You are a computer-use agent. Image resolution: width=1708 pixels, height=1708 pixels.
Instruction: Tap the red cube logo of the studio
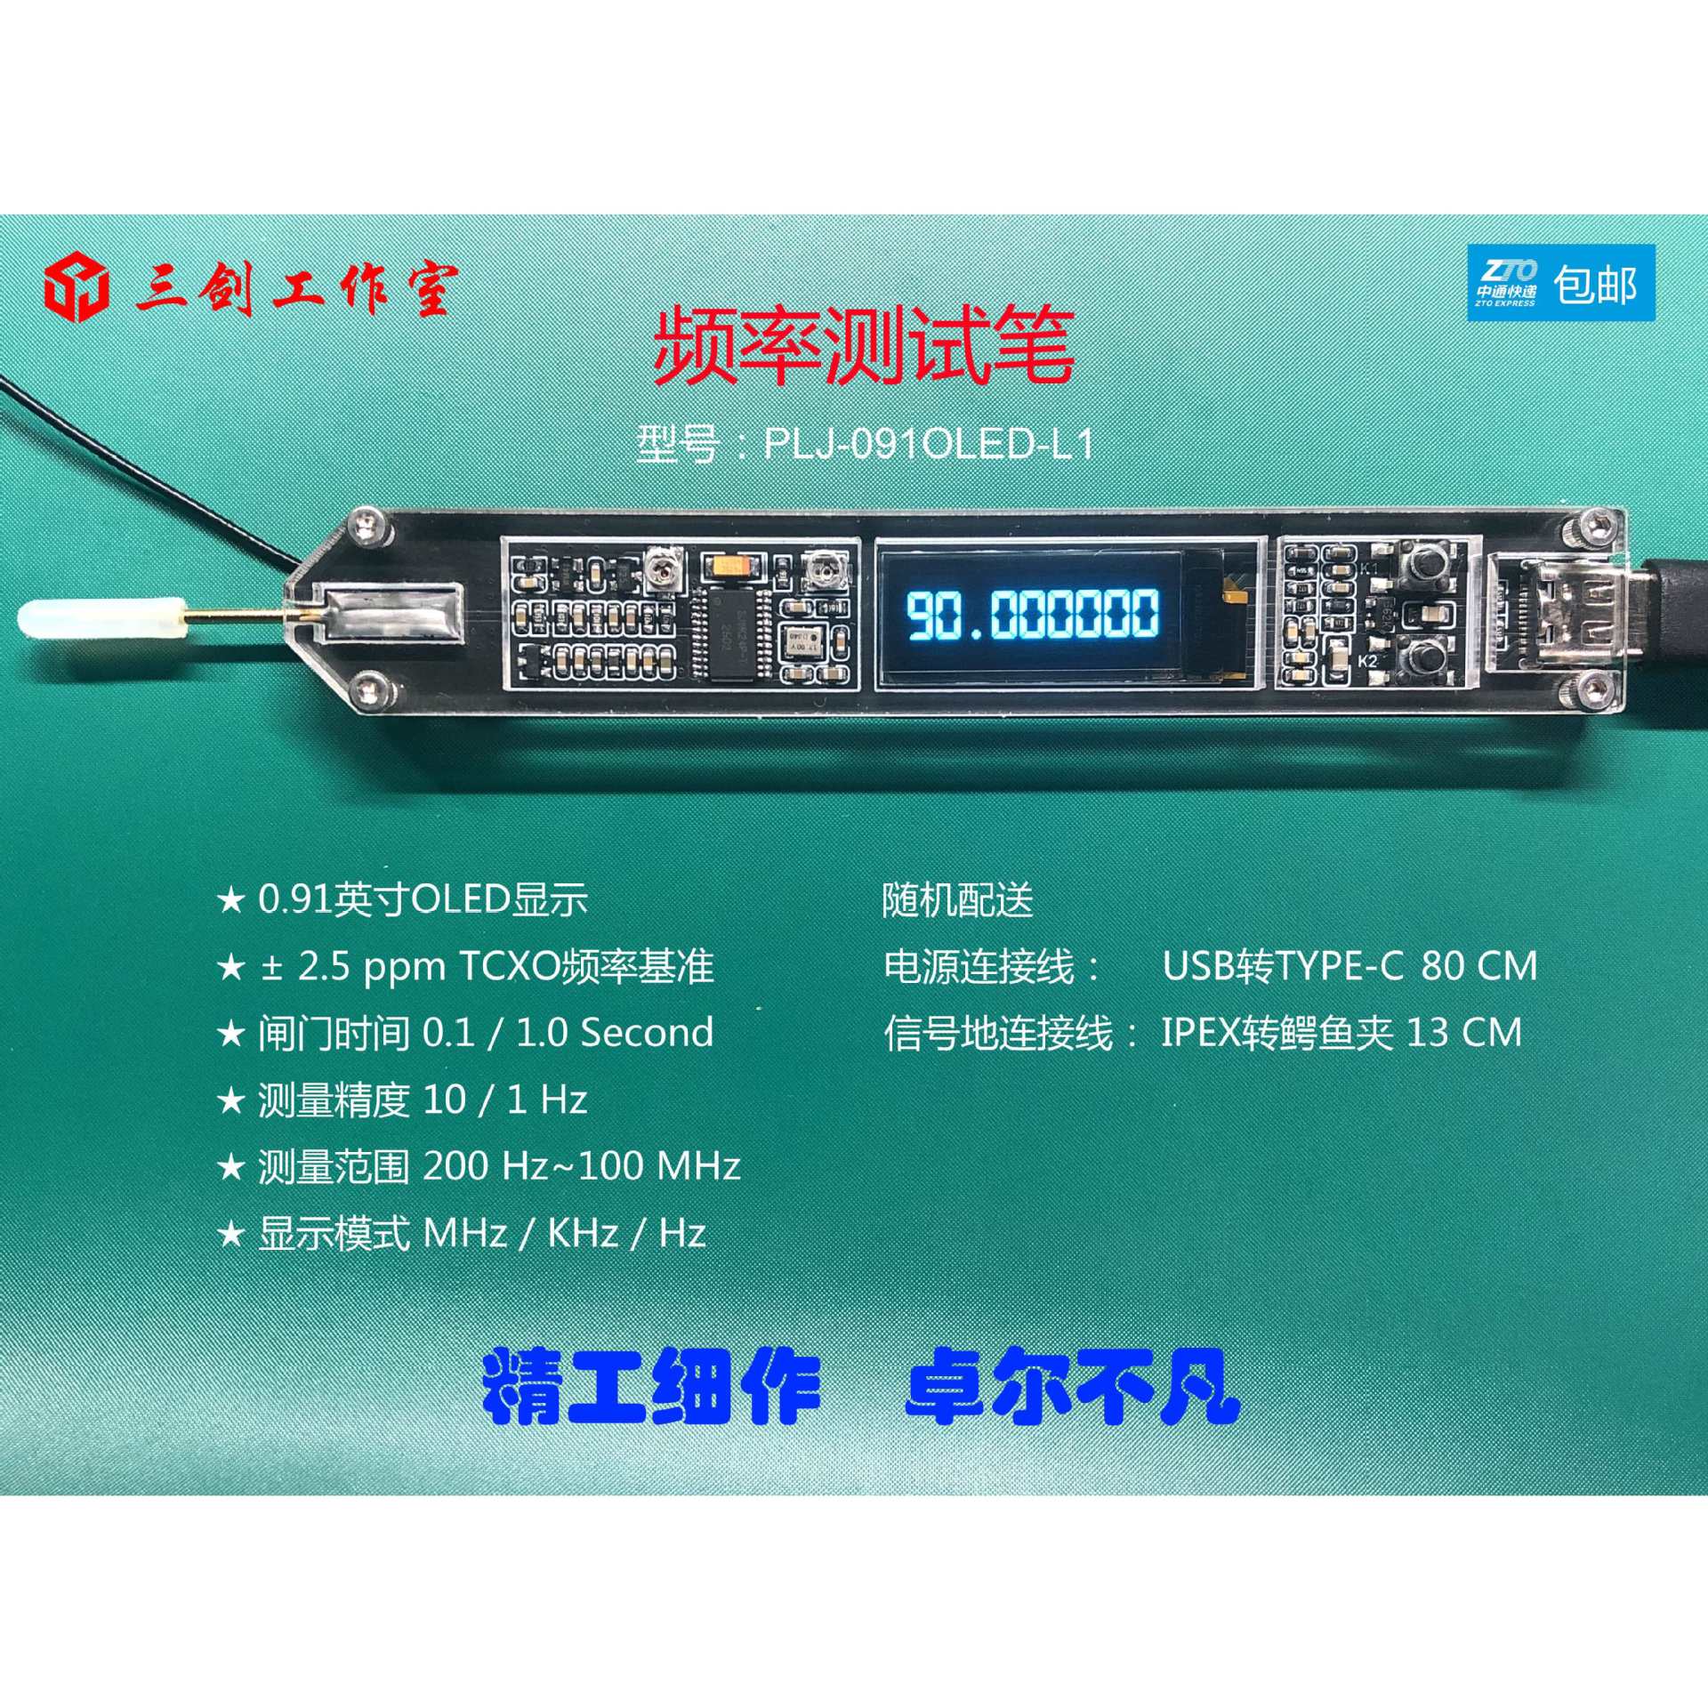tap(77, 288)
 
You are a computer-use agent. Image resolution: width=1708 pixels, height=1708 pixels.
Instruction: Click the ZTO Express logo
tap(1505, 283)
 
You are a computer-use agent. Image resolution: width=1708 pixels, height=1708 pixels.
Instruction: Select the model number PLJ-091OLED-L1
tap(928, 443)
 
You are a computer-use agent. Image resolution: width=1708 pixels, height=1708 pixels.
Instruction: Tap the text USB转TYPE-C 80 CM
tap(1349, 966)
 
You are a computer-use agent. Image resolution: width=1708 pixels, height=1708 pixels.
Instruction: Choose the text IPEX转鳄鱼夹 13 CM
tap(1341, 1033)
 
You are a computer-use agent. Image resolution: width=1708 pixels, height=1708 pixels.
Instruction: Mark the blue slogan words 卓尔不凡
tap(1072, 1387)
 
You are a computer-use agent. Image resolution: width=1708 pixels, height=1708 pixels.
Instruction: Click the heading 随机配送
tap(958, 900)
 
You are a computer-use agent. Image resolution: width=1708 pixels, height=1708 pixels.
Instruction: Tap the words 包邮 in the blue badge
tap(1595, 285)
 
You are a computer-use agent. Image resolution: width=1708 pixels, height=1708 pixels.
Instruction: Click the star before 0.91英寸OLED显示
tap(231, 900)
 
